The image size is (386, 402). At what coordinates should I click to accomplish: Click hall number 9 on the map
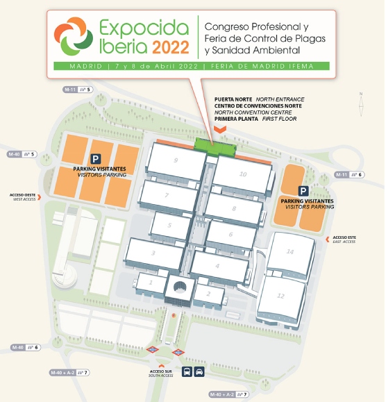176,161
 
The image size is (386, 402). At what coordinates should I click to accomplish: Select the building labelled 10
242,174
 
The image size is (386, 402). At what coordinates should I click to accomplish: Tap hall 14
290,251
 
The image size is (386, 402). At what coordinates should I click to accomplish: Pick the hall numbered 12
280,296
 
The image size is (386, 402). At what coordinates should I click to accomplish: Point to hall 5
170,225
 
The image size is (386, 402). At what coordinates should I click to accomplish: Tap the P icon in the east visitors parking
303,190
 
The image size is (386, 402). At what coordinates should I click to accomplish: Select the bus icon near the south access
187,371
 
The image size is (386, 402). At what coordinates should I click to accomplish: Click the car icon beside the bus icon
199,371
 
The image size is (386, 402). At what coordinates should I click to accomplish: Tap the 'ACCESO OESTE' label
22,196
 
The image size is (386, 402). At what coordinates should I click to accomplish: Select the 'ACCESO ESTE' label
344,240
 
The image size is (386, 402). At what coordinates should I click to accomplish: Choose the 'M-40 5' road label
22,153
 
